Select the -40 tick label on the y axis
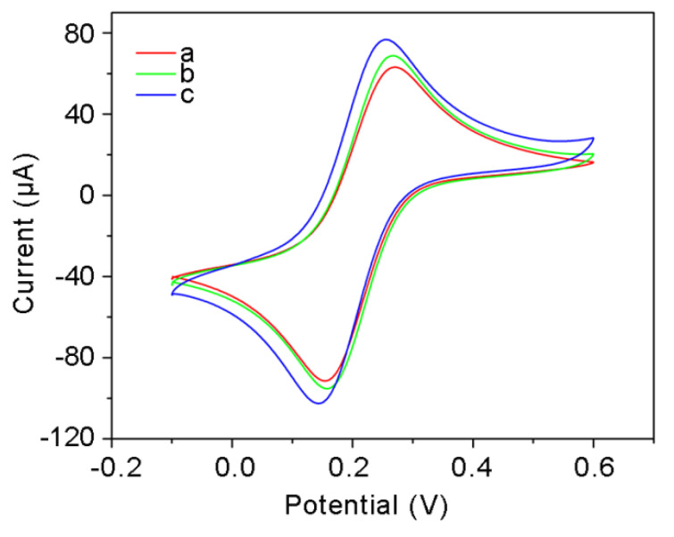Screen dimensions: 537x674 click(x=79, y=277)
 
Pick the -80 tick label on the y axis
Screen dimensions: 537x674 click(x=79, y=358)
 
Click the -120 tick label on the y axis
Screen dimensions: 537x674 click(x=73, y=439)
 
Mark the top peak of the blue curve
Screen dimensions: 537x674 click(x=386, y=39)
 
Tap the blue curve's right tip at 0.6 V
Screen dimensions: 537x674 click(x=594, y=138)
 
